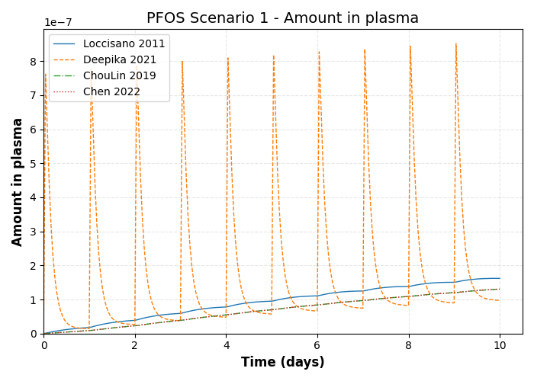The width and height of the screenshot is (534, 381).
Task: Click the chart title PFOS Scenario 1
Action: click(x=282, y=18)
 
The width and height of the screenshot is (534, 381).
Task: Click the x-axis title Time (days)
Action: click(x=282, y=363)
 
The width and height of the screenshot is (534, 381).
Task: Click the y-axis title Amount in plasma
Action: click(x=18, y=181)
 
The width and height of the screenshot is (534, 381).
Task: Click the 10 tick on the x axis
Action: click(x=500, y=345)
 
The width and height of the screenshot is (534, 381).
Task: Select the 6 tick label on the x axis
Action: click(x=317, y=345)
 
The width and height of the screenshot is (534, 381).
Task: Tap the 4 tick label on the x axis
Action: click(x=227, y=345)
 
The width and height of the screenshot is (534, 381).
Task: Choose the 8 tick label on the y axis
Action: click(x=34, y=62)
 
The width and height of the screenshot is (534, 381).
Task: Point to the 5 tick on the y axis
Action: click(x=34, y=164)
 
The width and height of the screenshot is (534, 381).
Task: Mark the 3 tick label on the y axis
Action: click(x=34, y=232)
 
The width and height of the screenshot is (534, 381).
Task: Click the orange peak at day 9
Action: click(x=456, y=43)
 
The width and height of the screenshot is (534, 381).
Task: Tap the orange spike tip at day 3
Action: click(x=182, y=61)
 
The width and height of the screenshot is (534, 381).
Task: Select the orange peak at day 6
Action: click(x=319, y=51)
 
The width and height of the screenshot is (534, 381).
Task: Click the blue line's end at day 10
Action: click(x=500, y=278)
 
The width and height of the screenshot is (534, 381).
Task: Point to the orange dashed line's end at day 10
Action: click(x=500, y=300)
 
